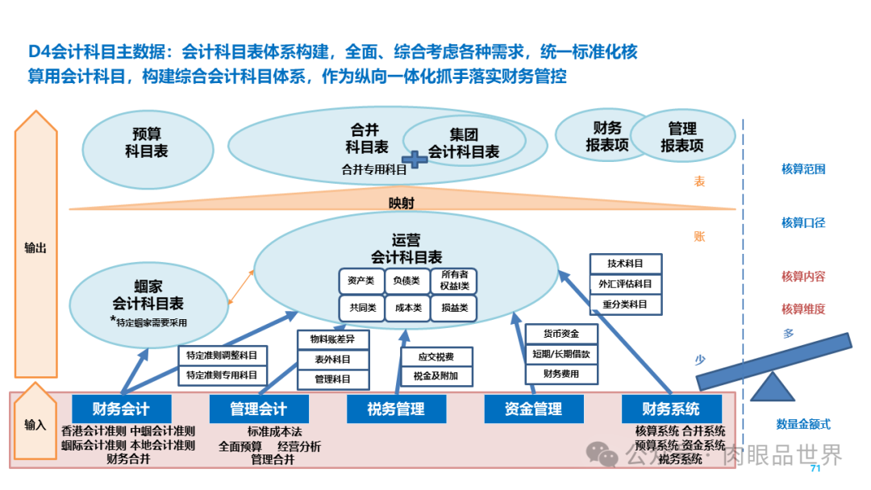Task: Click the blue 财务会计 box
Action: (x=121, y=409)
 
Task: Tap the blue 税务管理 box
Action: (x=396, y=409)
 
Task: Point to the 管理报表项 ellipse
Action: (x=682, y=137)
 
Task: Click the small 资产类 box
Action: (x=360, y=280)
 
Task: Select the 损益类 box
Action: (x=454, y=308)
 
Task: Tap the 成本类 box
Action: (x=407, y=308)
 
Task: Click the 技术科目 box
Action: (x=626, y=264)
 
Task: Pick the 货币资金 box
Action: (x=562, y=334)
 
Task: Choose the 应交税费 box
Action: (x=436, y=356)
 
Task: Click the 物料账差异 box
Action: (x=333, y=338)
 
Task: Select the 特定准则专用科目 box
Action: (x=222, y=375)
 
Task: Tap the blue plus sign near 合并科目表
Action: (x=415, y=159)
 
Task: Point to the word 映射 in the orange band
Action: (x=401, y=202)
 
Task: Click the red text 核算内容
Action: (x=802, y=276)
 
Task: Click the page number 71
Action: (x=815, y=468)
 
